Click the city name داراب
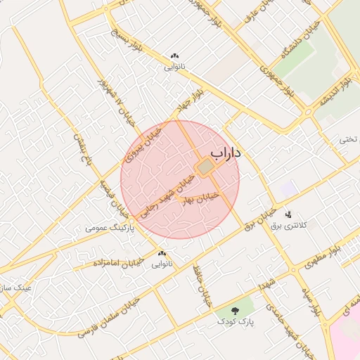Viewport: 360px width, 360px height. [x=226, y=153]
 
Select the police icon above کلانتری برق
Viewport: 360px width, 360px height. [x=287, y=214]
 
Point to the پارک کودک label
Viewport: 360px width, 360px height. [x=235, y=322]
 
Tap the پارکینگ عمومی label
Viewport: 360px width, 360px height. [x=108, y=228]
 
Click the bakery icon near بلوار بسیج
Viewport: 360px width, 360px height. [x=174, y=56]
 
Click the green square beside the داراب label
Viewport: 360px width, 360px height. [x=205, y=167]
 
